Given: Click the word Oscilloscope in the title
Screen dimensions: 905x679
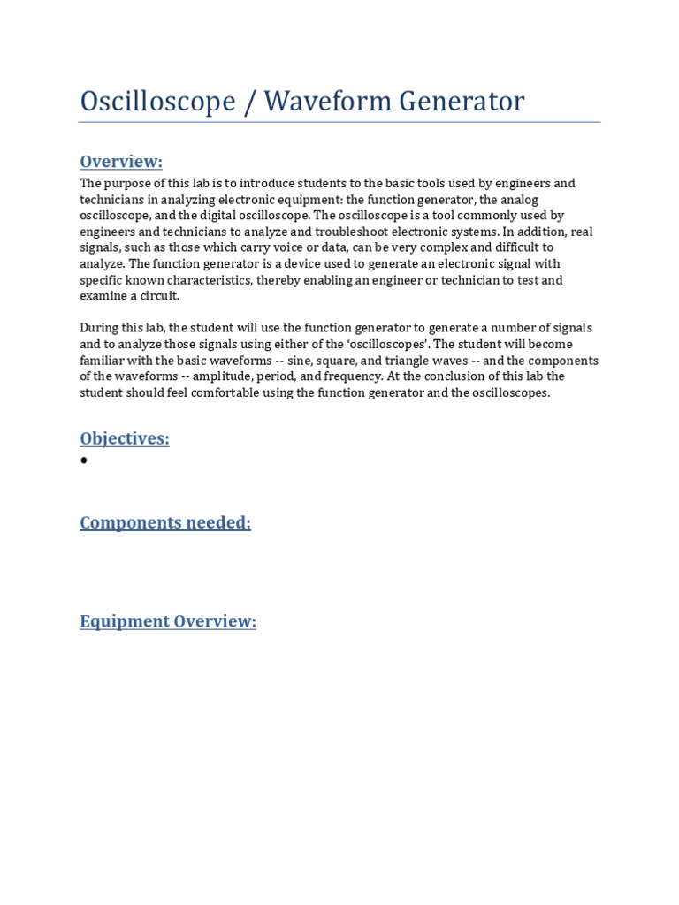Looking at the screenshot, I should [x=157, y=103].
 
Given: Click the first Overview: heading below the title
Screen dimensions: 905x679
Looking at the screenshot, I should [x=121, y=161].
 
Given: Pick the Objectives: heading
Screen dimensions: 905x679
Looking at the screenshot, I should [x=125, y=438].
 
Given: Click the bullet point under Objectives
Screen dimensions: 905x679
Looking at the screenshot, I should [x=84, y=460].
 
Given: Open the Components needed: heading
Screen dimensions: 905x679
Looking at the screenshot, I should [x=165, y=522].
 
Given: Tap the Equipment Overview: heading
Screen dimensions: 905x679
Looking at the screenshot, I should [x=168, y=621].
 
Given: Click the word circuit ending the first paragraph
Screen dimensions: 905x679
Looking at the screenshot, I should [x=159, y=296].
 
